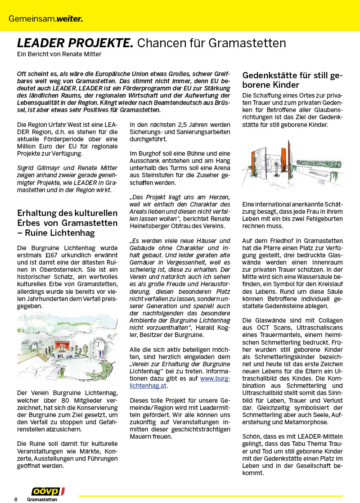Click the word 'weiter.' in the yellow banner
pos(69,19)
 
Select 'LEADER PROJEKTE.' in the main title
pos(75,43)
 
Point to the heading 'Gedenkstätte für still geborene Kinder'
pos(292,80)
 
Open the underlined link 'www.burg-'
pos(215,378)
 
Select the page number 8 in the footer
pos(16,499)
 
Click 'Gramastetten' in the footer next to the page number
pos(42,499)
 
